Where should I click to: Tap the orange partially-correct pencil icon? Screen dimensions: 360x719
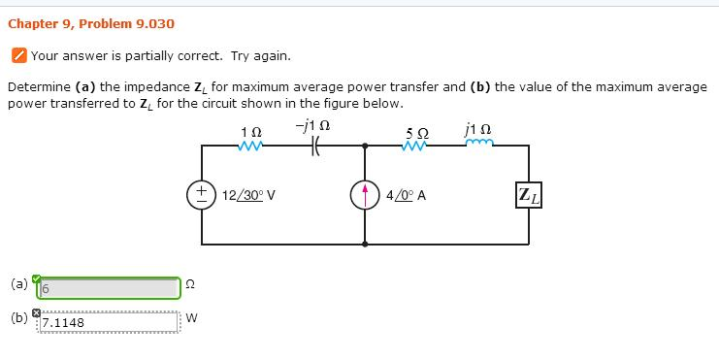point(18,56)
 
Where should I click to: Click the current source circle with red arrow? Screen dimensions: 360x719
point(366,193)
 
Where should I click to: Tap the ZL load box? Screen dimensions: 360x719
point(530,193)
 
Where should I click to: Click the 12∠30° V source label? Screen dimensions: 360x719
point(249,194)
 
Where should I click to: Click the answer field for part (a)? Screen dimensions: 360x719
point(109,289)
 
